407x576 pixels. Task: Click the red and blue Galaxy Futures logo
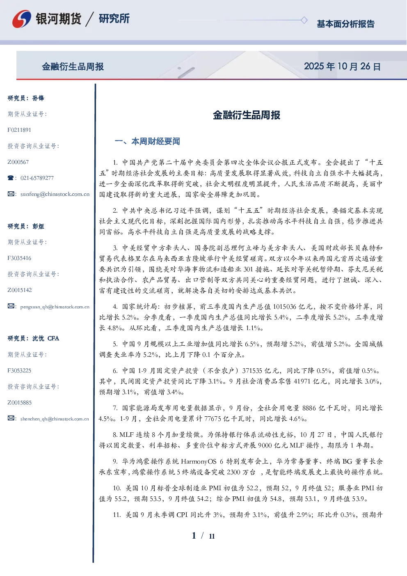click(22, 18)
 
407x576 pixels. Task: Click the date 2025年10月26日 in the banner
click(342, 67)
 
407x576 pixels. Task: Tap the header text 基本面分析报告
click(345, 24)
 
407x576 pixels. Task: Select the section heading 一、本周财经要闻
click(147, 141)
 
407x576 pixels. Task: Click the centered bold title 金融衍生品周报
click(247, 115)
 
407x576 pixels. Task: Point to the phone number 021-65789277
click(37, 178)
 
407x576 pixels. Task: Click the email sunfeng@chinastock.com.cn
click(55, 194)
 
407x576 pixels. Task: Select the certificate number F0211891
click(19, 130)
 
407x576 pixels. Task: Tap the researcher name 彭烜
click(38, 226)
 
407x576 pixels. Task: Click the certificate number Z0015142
click(20, 290)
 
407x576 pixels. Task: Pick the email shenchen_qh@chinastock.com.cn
click(55, 419)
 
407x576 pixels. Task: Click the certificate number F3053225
click(19, 371)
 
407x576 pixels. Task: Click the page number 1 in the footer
click(194, 535)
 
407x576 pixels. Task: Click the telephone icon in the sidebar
click(11, 178)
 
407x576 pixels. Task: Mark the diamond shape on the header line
click(304, 20)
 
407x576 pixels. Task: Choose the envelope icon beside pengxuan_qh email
click(11, 306)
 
